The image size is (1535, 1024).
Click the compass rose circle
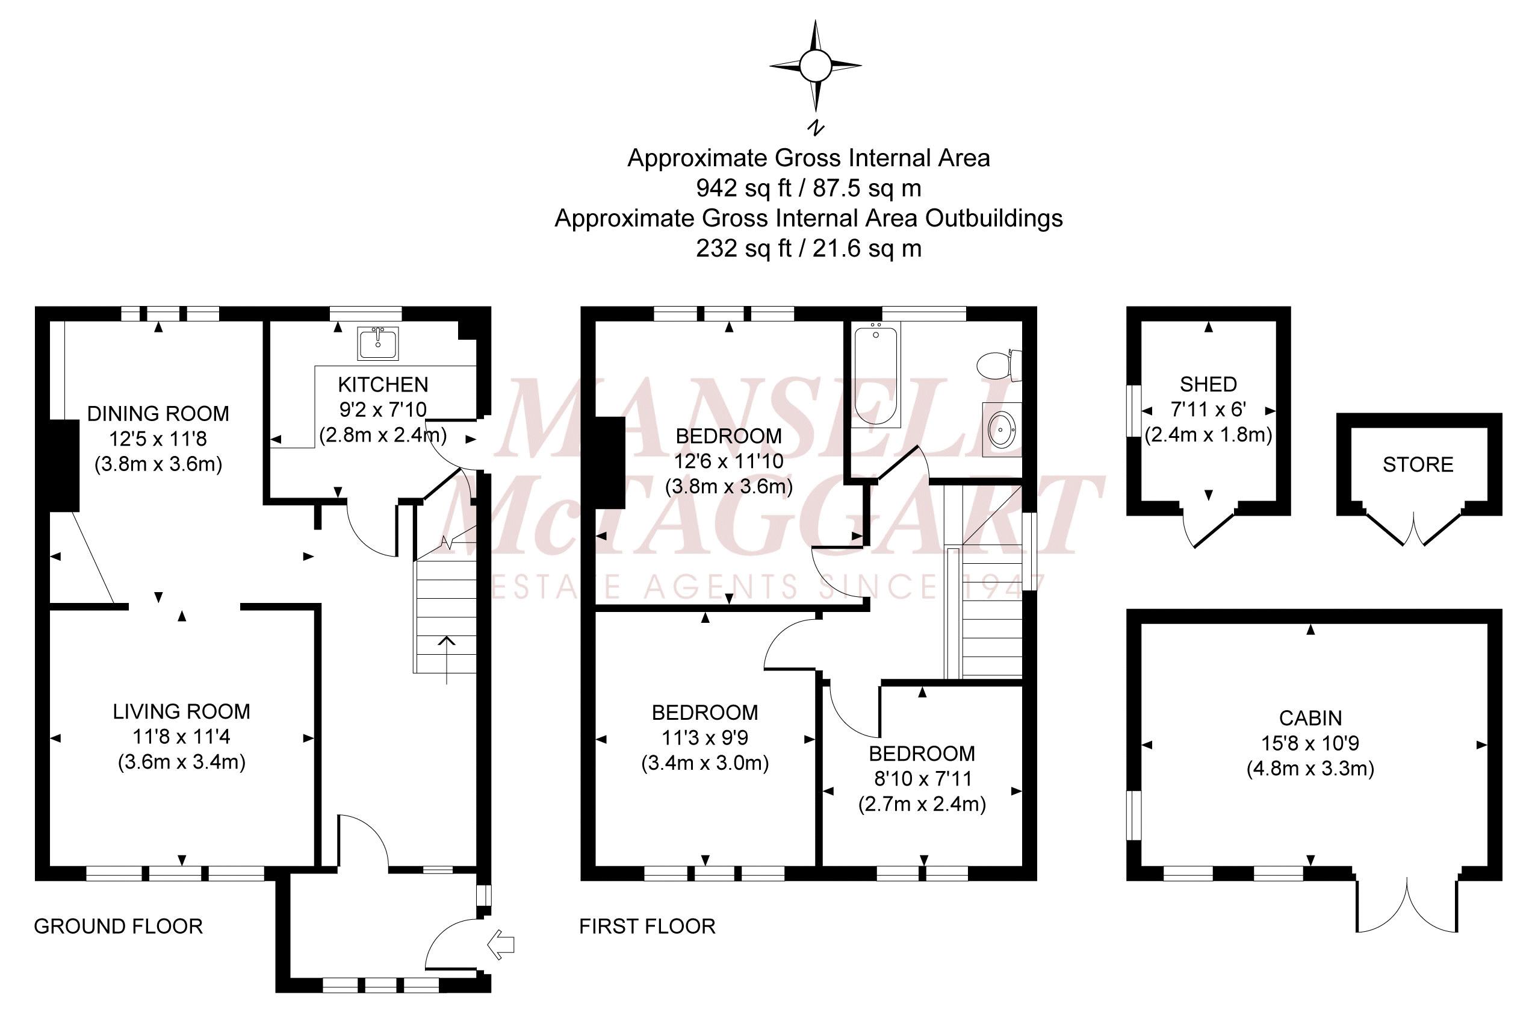coord(815,66)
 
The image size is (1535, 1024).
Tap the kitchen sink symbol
coord(377,343)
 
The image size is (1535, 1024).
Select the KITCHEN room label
coord(383,384)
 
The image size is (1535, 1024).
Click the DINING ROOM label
coord(158,413)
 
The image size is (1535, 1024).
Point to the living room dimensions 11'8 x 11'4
coord(181,737)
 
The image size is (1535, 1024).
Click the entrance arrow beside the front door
coord(501,944)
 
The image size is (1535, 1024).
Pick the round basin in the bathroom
coord(1001,430)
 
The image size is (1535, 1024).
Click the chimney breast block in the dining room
coord(64,466)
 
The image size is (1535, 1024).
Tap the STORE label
coord(1418,465)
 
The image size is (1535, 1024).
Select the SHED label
coord(1208,384)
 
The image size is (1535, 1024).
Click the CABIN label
coord(1310,718)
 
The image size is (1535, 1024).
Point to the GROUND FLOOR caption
coord(118,926)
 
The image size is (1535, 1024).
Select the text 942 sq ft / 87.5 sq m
coord(808,188)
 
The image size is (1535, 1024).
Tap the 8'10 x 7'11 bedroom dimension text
coord(922,778)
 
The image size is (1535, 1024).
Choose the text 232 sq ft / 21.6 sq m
coord(808,248)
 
